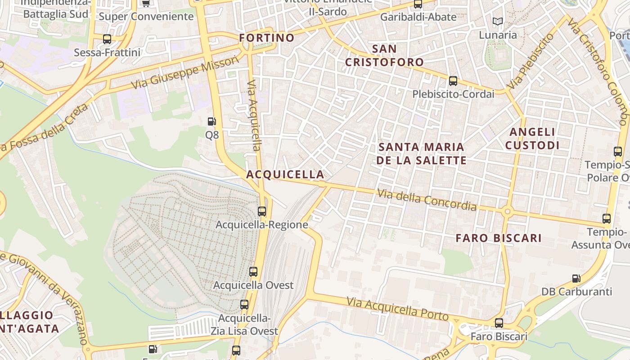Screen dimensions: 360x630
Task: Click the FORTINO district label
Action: point(267,38)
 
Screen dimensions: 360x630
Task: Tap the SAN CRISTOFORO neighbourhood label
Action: point(384,55)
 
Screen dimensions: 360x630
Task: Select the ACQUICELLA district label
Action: point(285,174)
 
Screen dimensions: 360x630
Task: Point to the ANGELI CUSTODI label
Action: point(532,139)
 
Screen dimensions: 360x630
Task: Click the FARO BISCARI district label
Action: point(499,238)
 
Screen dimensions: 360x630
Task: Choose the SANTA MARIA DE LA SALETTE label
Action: point(422,153)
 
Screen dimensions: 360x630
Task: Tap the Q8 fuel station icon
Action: point(211,121)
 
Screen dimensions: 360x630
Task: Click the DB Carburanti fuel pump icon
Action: point(576,279)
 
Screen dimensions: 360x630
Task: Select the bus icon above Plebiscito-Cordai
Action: point(453,81)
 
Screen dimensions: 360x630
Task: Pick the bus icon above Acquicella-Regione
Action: point(262,211)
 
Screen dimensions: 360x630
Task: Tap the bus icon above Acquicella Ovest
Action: point(253,272)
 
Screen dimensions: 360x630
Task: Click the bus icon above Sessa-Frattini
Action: point(107,39)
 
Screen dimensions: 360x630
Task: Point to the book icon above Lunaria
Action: point(497,21)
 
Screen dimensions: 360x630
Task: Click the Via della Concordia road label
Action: point(427,200)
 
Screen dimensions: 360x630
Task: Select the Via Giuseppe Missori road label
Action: point(185,72)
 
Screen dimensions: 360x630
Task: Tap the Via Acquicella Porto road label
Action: point(397,309)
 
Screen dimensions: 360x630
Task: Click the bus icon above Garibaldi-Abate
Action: point(418,4)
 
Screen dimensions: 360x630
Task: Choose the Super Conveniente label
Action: point(146,17)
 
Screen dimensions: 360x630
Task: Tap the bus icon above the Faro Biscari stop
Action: point(499,323)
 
